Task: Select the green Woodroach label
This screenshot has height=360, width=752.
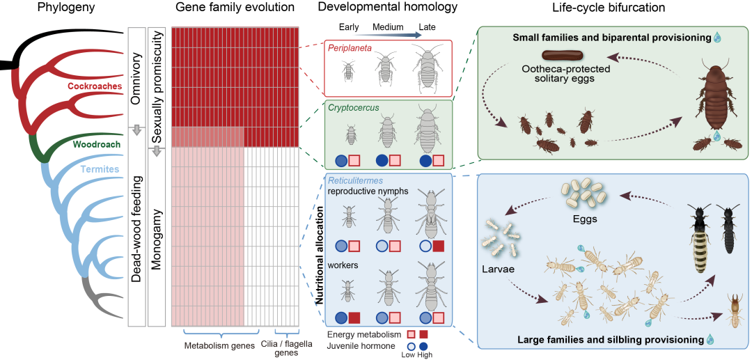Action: [x=95, y=144]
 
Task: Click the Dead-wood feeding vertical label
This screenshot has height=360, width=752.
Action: [x=137, y=229]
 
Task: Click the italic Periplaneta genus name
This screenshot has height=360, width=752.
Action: [x=352, y=48]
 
